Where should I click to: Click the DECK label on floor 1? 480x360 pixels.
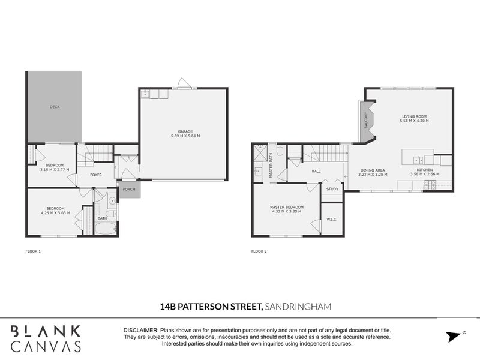(x=54, y=107)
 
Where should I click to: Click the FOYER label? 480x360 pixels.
(x=96, y=175)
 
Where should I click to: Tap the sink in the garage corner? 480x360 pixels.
(x=145, y=94)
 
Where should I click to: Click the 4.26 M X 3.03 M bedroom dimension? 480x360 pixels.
(x=55, y=213)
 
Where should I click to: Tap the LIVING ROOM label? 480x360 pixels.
(x=414, y=116)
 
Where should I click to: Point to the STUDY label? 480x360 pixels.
(x=332, y=190)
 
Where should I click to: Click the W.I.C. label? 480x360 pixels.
(x=332, y=220)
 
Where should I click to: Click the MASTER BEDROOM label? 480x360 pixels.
(x=287, y=207)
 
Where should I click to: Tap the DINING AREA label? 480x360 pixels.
(x=372, y=170)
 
